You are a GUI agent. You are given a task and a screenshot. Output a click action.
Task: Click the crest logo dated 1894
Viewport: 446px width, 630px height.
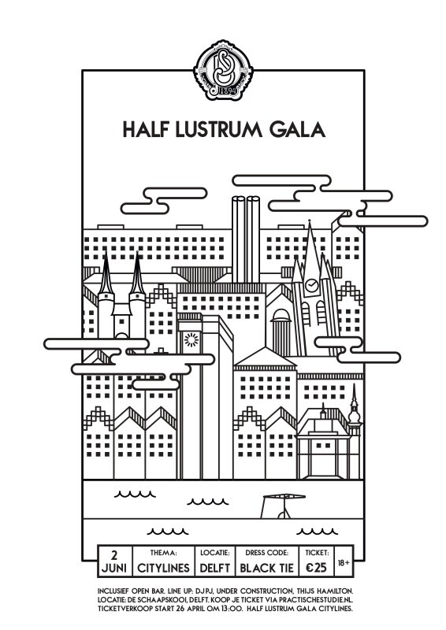point(223,70)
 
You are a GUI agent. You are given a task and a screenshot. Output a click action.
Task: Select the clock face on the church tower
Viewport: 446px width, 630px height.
point(311,285)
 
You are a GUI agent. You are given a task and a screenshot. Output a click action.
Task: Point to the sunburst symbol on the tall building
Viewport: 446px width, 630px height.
point(191,340)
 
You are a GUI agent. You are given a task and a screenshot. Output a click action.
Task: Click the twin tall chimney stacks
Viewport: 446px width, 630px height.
point(246,239)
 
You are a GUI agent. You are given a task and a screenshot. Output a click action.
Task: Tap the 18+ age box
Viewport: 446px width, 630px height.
point(344,562)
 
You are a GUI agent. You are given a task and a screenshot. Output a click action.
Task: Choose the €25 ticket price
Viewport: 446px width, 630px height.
point(316,568)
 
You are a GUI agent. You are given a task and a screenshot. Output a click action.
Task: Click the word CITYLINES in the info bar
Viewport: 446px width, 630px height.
point(163,568)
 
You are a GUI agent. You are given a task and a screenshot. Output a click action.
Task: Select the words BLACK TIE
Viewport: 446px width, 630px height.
point(266,568)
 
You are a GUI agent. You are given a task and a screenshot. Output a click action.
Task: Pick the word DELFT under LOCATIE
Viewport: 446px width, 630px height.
point(215,568)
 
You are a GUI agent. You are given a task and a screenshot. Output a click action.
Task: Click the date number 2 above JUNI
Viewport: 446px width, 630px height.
point(114,555)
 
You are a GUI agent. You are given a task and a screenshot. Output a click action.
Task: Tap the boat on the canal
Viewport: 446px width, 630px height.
point(283,506)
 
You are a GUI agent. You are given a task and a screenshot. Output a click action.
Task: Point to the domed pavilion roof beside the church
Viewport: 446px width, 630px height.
point(281,315)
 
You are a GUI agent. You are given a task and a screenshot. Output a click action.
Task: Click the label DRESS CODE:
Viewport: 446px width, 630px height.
point(266,553)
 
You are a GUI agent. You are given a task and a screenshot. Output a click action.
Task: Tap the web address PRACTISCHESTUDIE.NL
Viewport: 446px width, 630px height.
point(316,600)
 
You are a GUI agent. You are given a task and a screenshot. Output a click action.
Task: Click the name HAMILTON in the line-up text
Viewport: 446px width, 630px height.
point(334,591)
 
